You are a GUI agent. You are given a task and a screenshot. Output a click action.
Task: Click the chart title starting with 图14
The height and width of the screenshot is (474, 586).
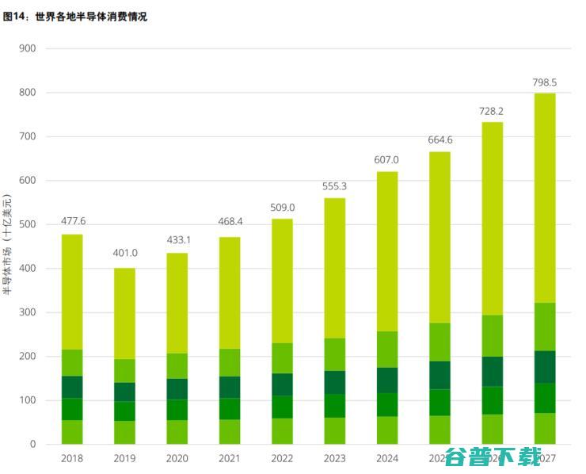(75, 17)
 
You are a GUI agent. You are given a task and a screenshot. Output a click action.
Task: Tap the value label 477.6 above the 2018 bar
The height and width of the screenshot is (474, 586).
(72, 221)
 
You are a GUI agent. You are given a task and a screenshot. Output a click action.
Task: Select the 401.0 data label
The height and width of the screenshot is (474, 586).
(124, 254)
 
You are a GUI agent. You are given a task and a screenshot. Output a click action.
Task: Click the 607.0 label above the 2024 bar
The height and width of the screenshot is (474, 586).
(386, 160)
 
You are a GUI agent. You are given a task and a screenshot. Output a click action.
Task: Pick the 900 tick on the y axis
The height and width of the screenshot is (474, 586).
(28, 48)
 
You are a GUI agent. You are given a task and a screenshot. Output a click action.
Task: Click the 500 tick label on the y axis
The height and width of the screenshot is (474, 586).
(28, 224)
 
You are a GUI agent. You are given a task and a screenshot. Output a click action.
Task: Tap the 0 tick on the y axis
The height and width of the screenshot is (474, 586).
(32, 445)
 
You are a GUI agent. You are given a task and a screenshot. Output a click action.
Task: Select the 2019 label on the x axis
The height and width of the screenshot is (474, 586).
(124, 458)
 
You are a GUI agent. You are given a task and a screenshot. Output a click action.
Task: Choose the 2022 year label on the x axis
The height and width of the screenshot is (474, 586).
(282, 458)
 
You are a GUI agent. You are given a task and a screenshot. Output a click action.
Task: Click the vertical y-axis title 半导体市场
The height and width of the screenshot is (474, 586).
(7, 245)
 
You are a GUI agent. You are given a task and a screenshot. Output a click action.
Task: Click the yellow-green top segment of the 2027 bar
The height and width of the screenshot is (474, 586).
(544, 198)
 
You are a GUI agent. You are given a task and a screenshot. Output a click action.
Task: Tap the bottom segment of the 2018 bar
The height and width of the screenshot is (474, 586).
(72, 432)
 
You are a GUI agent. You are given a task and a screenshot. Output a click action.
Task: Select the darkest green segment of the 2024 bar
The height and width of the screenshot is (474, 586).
(386, 380)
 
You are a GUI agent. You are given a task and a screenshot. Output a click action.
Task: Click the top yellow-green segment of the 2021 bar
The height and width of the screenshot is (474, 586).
(230, 292)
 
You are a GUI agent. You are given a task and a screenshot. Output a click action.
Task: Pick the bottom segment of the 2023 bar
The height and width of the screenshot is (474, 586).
(334, 430)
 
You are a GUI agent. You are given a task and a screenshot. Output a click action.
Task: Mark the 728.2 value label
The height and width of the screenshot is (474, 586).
(492, 112)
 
